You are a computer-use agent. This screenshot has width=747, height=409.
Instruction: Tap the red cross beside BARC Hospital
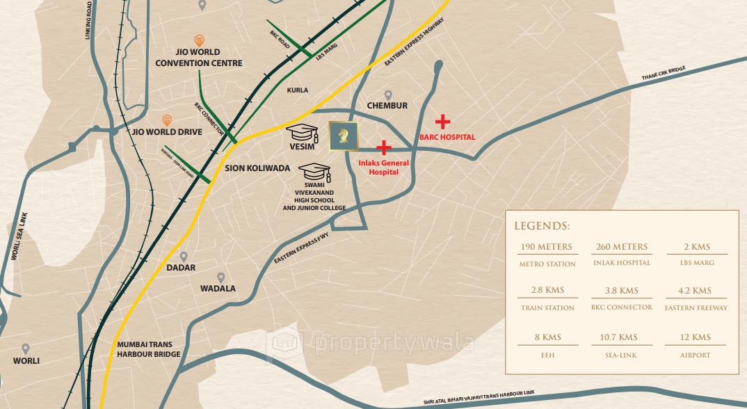[442, 122]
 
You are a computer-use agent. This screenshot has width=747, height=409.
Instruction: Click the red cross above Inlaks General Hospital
[383, 147]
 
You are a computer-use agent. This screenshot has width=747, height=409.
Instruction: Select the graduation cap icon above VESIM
[304, 132]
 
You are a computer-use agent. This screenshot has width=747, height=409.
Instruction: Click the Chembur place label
[387, 106]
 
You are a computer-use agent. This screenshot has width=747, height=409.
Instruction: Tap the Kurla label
[297, 90]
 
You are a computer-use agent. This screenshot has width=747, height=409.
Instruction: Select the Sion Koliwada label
[257, 168]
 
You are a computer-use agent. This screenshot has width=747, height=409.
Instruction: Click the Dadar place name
[181, 268]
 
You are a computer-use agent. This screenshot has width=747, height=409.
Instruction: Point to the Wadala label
[218, 288]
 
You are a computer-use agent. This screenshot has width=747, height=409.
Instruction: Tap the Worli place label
[26, 361]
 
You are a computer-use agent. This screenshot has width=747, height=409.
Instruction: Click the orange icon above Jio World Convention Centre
[200, 40]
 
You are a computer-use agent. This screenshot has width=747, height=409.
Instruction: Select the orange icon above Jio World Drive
[167, 120]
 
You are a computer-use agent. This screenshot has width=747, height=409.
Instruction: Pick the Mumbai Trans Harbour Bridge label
[149, 349]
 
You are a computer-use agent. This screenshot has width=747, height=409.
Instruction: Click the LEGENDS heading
[542, 226]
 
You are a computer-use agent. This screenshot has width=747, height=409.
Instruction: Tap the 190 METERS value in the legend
[547, 247]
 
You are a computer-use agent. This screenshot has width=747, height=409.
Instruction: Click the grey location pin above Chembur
[388, 95]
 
